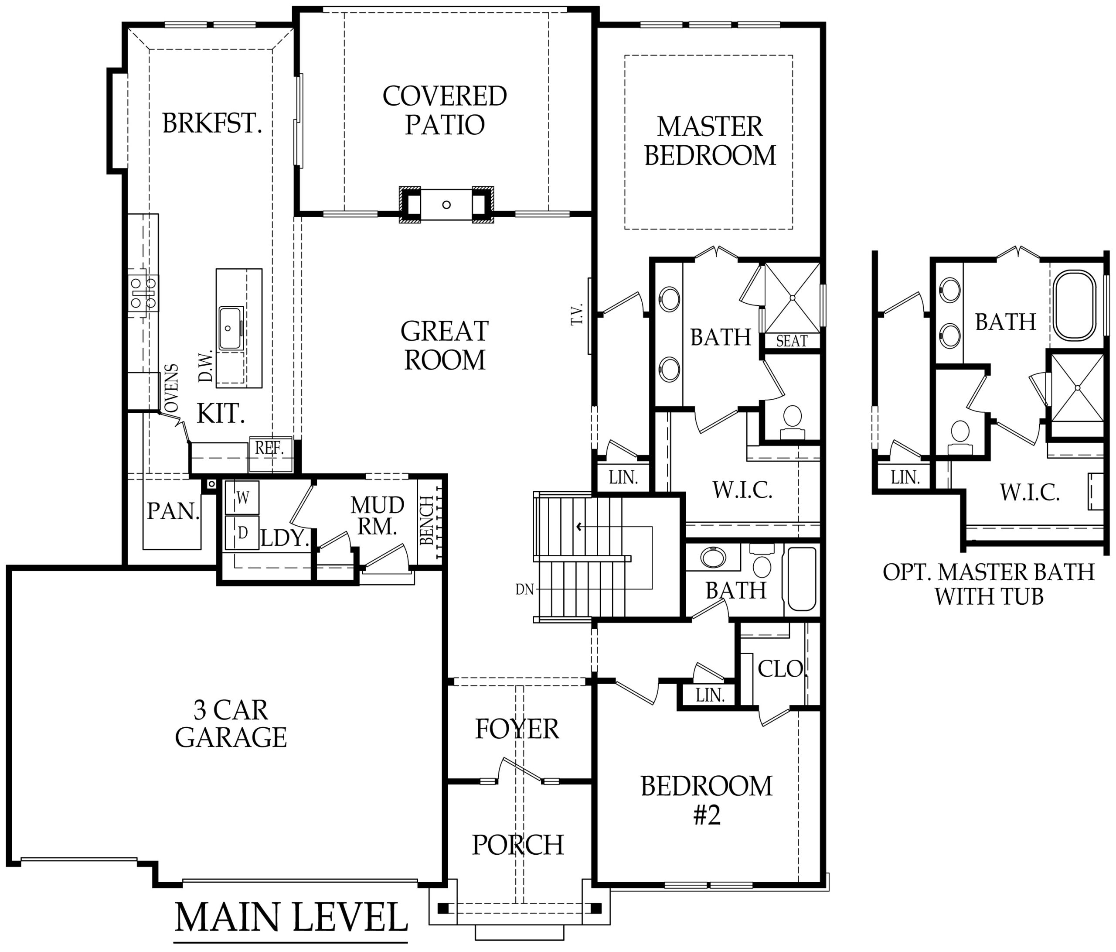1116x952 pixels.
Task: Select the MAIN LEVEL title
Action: point(291,918)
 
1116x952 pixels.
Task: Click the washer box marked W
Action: point(242,498)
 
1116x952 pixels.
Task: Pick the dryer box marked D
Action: point(242,533)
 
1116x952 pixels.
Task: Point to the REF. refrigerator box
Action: point(270,448)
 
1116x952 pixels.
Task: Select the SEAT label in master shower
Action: point(791,341)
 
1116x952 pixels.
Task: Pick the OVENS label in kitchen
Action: point(171,388)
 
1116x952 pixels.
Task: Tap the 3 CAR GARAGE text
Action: point(231,724)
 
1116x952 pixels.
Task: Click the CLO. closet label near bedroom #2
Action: point(780,669)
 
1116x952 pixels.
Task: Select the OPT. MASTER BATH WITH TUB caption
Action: point(988,584)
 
